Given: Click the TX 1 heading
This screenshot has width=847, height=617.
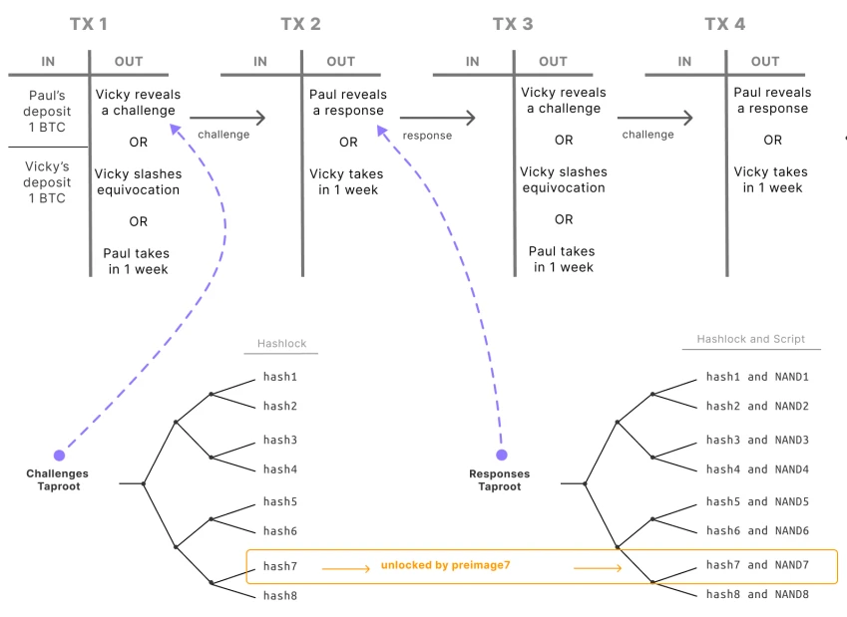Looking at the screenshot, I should point(89,24).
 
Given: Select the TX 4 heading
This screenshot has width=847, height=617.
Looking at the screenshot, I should point(724,24).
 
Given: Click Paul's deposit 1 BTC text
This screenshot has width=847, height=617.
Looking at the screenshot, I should point(48,111).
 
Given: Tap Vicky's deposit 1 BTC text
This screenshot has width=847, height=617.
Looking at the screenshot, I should point(48,182).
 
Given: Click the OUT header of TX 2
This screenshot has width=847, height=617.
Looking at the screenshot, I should point(340,61).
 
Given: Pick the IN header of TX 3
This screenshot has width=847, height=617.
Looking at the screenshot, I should point(472,61).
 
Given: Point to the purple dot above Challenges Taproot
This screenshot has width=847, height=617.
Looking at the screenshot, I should point(59,455).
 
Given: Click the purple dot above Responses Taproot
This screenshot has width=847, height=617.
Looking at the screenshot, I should point(501,455).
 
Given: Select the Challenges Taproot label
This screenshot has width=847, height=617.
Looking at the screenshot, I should point(57,479).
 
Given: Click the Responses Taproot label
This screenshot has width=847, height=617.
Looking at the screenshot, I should point(499,479).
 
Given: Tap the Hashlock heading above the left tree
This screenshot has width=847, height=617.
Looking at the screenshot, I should point(280,343).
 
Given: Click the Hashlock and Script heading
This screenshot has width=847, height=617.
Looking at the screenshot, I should point(750,339).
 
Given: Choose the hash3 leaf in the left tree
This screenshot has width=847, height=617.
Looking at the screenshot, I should point(280,440).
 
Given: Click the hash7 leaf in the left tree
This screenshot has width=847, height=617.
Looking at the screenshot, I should point(280,566).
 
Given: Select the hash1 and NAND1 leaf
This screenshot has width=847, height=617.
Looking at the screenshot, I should point(757,377).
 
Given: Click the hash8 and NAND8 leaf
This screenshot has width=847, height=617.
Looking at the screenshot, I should point(757,594).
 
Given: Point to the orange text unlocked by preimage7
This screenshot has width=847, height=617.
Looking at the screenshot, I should point(445,565).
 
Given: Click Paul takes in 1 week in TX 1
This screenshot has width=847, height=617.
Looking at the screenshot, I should point(137,261).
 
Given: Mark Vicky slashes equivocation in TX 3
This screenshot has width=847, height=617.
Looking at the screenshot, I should point(564,179).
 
